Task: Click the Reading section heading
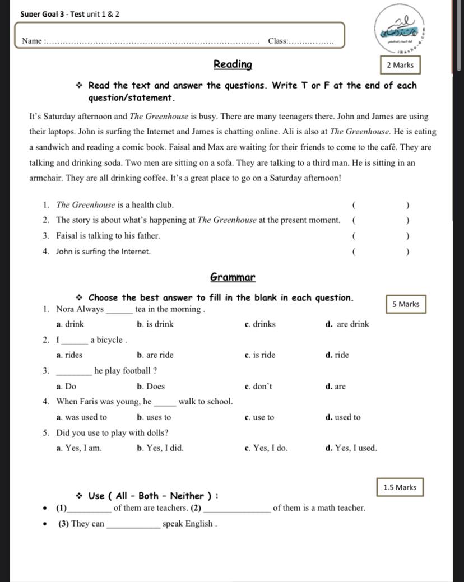click(233, 64)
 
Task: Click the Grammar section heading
click(233, 277)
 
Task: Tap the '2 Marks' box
click(400, 65)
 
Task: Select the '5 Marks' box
click(406, 304)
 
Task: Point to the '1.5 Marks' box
click(400, 487)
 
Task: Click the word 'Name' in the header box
click(32, 41)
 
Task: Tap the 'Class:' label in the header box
click(278, 41)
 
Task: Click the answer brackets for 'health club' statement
click(381, 205)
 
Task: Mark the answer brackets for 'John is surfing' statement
click(381, 252)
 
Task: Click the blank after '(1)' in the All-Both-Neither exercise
click(89, 509)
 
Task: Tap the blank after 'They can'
click(133, 524)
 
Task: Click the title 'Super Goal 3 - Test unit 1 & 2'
click(69, 13)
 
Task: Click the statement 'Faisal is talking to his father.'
click(108, 236)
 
